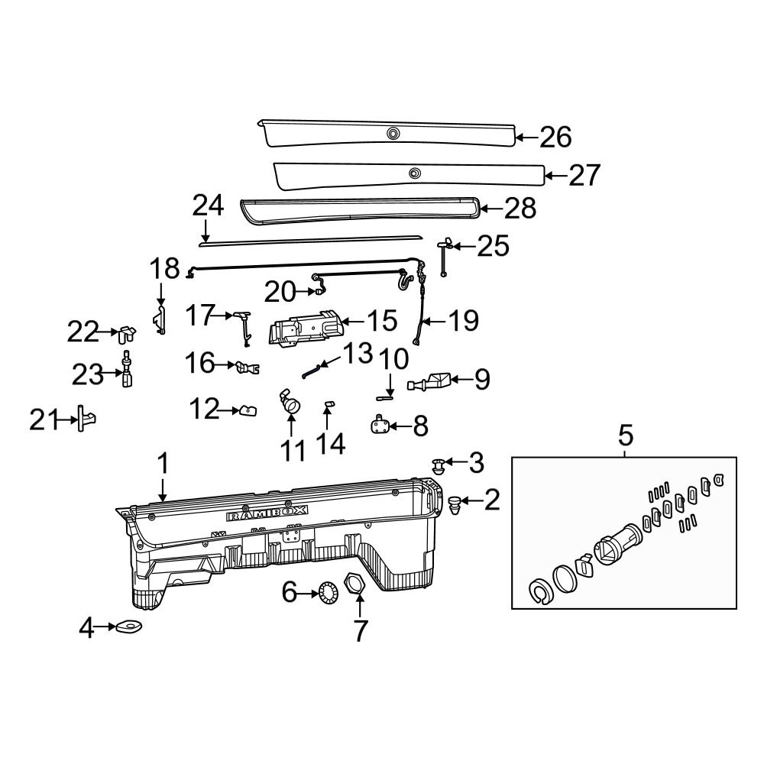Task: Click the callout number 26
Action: [555, 138]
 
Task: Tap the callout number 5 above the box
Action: [625, 436]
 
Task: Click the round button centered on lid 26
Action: [393, 134]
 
